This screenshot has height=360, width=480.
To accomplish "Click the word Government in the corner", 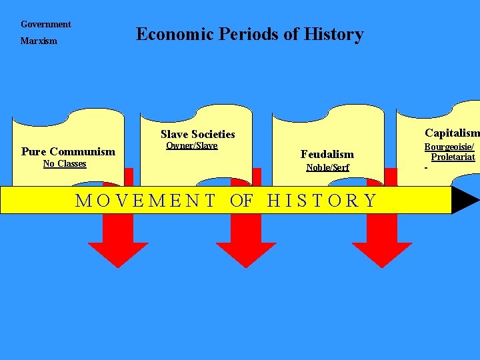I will coord(45,25).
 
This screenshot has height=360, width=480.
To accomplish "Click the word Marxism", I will coord(39,41).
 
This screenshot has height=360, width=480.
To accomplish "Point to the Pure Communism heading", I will coord(68,152).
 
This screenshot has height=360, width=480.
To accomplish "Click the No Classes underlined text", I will coord(65,164).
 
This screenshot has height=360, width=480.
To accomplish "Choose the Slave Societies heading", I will coord(197,135).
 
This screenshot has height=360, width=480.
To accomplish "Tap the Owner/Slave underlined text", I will coord(191,146).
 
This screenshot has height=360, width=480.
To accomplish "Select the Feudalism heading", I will coord(327,155).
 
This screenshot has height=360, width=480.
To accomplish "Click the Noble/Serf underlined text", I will coord(327,168).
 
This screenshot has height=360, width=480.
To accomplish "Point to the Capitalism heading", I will coord(451,133).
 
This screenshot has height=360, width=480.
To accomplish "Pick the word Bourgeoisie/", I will coord(449,147).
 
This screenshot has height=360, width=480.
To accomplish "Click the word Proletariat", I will coord(453,157).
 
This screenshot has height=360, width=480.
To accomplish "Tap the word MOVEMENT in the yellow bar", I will coord(145,200).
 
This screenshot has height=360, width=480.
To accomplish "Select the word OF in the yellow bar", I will coord(241,200).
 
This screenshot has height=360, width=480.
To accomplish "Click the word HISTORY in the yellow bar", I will coord(322,200).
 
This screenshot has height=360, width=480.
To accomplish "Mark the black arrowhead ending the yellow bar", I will coord(465,200).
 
